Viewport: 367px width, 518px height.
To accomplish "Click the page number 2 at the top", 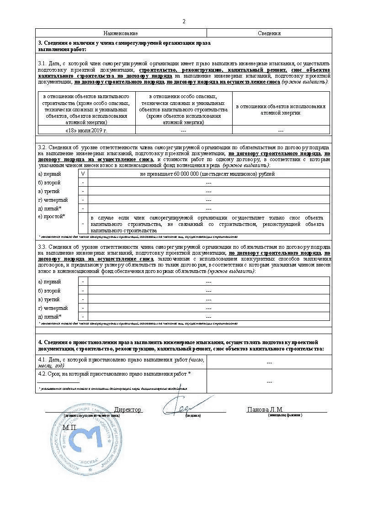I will [184, 21].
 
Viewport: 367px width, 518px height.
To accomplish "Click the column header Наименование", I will [121, 33].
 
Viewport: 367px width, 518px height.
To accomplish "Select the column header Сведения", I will [269, 33].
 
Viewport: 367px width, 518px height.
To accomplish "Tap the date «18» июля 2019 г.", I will [86, 131].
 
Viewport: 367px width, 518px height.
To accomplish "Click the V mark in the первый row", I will [83, 174].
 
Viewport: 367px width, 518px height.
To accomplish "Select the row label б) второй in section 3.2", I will [49, 183].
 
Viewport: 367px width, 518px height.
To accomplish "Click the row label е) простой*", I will [51, 216].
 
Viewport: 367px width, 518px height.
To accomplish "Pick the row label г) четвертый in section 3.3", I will [53, 308].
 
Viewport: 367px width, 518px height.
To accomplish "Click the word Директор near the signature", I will [128, 409].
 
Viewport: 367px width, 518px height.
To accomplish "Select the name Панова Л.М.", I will [265, 409].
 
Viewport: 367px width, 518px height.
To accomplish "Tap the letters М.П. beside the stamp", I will [70, 428].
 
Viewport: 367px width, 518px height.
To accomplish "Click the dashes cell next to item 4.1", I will [269, 362].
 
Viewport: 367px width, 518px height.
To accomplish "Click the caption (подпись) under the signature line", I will [192, 415].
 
